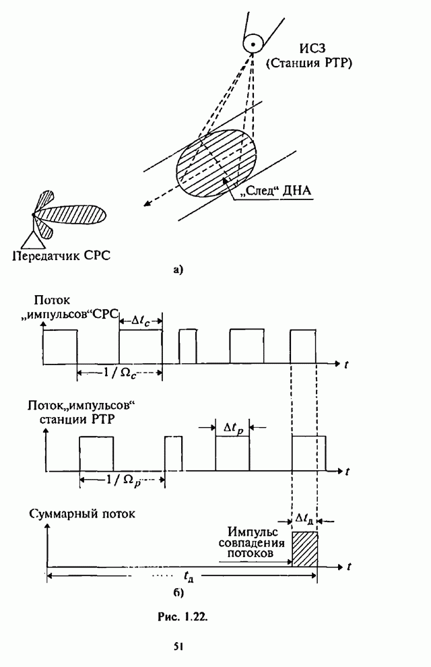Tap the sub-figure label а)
pyautogui.click(x=178, y=271)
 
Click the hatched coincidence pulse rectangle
pyautogui.click(x=304, y=548)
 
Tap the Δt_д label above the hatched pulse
pyautogui.click(x=304, y=519)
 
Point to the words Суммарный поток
pyautogui.click(x=83, y=513)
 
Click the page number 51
pyautogui.click(x=179, y=647)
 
